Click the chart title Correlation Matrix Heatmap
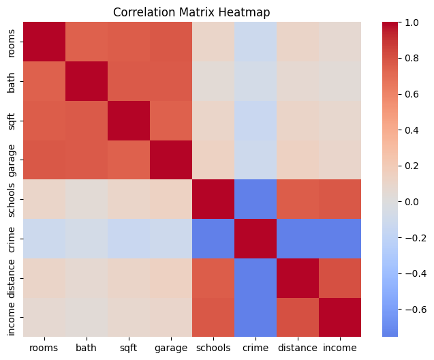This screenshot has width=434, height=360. click(x=192, y=12)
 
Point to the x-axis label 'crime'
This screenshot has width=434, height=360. click(x=255, y=348)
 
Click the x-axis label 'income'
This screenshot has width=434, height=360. click(x=340, y=348)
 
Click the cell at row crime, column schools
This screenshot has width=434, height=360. click(x=213, y=239)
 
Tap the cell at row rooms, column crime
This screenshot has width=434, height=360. click(x=255, y=42)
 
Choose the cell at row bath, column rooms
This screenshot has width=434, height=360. click(x=45, y=81)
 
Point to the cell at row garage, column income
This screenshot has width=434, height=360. click(x=340, y=160)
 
